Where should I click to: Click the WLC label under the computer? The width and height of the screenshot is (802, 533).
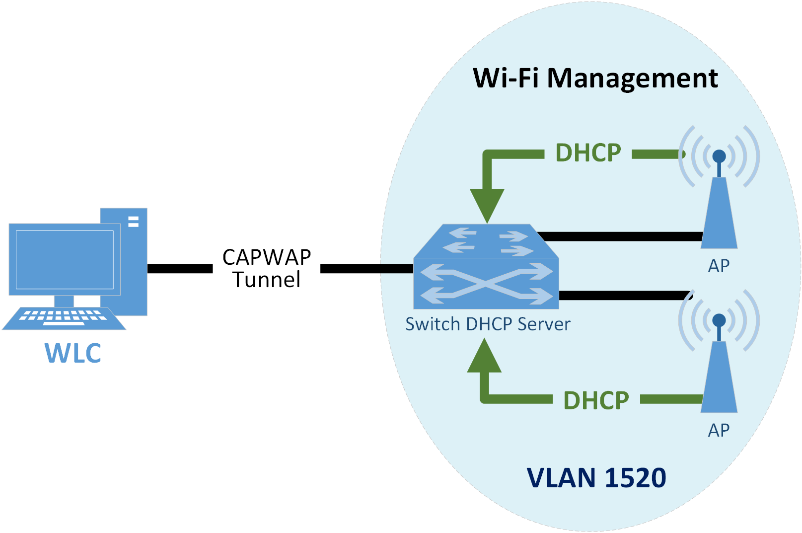(73, 353)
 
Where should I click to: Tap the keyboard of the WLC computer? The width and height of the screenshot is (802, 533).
(64, 318)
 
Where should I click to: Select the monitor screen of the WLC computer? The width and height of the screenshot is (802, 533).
(65, 259)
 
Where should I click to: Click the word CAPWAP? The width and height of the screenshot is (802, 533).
(267, 257)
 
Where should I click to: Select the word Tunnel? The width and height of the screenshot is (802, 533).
(267, 280)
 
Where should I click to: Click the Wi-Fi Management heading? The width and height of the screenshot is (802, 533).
(595, 78)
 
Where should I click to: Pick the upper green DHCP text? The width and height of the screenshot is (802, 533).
(588, 152)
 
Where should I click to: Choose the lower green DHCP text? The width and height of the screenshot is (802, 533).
(596, 400)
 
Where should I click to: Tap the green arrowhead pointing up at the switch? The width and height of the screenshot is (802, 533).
(484, 357)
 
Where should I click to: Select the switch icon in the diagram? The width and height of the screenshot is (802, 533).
(486, 268)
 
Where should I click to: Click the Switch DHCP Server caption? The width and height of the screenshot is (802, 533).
(488, 324)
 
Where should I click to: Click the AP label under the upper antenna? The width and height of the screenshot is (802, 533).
(719, 266)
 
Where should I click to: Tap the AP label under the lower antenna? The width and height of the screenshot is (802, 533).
(719, 430)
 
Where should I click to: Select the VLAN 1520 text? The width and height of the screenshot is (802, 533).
(596, 478)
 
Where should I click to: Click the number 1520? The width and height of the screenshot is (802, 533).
(636, 478)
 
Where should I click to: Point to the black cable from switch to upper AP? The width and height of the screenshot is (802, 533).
(621, 236)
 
